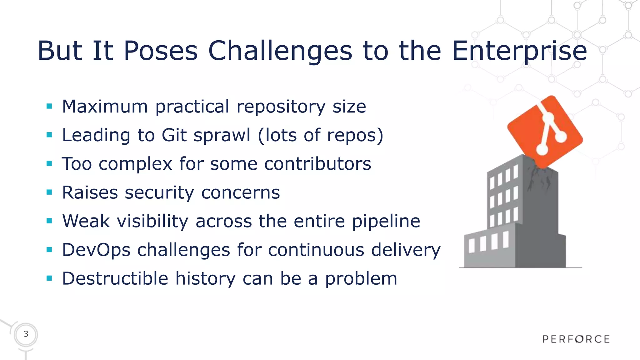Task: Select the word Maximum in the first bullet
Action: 105,107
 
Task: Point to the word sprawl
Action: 222,136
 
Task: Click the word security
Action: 159,193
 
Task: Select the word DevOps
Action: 96,250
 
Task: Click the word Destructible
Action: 115,278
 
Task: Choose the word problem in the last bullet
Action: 361,279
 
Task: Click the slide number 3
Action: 26,334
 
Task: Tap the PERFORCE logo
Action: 576,339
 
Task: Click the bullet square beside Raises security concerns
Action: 49,192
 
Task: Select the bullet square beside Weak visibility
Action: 49,221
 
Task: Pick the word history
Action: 205,279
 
